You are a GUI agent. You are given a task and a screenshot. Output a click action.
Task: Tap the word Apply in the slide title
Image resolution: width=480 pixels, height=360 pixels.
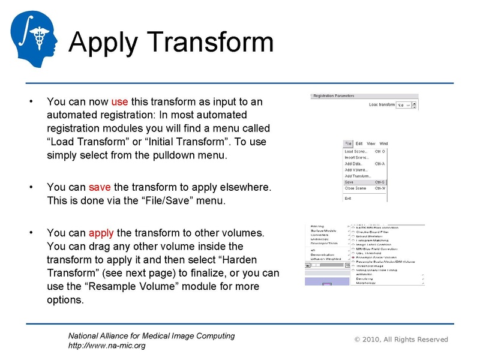(x=104, y=43)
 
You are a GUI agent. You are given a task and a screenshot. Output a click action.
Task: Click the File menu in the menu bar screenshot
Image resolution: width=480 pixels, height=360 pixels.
(x=348, y=144)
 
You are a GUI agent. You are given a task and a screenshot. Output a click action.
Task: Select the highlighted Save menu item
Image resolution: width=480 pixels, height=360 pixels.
(x=349, y=182)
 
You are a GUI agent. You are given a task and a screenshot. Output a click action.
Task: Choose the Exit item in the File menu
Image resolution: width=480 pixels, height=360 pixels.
(x=348, y=198)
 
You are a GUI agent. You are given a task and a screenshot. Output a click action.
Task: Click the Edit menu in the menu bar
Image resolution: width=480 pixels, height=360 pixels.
(x=359, y=144)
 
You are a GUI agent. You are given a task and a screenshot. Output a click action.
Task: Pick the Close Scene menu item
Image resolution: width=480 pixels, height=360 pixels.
(x=355, y=188)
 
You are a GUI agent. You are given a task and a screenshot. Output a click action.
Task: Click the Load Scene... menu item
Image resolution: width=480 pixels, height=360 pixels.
(x=356, y=152)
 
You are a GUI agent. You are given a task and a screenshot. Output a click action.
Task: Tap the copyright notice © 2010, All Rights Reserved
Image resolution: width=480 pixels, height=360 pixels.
(x=401, y=340)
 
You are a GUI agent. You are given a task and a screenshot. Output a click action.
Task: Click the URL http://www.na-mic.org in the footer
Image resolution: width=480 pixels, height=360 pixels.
(x=107, y=346)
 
